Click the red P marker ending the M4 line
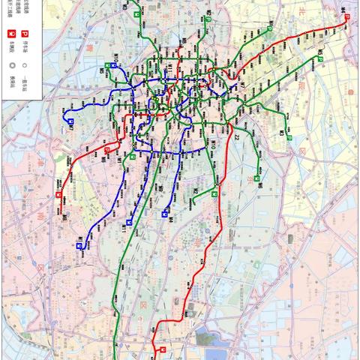[346, 22]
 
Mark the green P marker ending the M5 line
[289, 138]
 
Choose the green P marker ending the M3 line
[320, 58]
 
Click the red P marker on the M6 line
[106, 150]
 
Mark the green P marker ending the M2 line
[256, 178]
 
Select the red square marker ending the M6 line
[59, 195]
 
